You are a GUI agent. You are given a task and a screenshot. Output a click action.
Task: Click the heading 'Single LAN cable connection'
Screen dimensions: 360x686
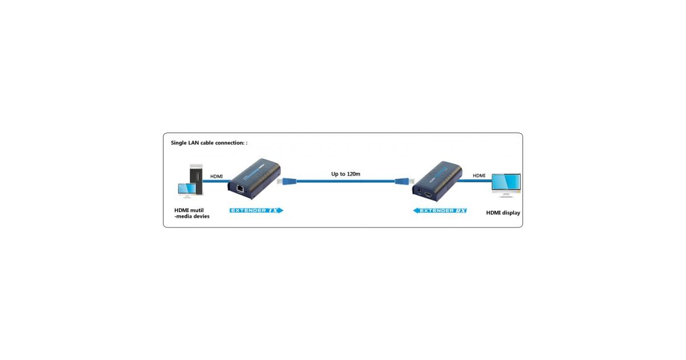pyautogui.click(x=209, y=143)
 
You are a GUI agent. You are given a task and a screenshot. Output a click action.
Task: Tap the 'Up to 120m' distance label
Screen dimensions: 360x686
pyautogui.click(x=346, y=173)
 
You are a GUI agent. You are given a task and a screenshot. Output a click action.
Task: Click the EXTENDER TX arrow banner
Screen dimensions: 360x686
pyautogui.click(x=257, y=210)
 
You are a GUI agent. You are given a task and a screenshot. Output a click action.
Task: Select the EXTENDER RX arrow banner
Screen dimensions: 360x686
pyautogui.click(x=440, y=210)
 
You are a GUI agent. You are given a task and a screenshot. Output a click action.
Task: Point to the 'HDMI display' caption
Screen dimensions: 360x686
pyautogui.click(x=503, y=213)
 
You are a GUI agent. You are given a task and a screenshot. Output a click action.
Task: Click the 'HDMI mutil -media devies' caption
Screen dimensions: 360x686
pyautogui.click(x=192, y=213)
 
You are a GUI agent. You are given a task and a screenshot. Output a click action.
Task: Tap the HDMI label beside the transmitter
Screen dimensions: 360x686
pyautogui.click(x=217, y=177)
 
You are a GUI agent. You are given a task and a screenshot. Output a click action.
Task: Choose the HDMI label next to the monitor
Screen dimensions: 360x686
pyautogui.click(x=479, y=175)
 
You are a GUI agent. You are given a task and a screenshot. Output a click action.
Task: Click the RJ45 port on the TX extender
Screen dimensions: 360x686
pyautogui.click(x=240, y=187)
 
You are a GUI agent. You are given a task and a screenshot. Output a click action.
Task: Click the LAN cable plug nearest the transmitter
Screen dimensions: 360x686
pyautogui.click(x=286, y=181)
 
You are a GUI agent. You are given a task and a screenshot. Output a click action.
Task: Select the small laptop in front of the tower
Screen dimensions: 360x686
pyautogui.click(x=186, y=190)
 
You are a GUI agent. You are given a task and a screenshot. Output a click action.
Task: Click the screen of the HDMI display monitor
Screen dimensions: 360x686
pyautogui.click(x=506, y=182)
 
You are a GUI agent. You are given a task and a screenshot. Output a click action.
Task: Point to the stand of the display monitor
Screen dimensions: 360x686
pyautogui.click(x=506, y=195)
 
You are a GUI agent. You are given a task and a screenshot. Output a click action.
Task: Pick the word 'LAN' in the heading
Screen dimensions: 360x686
pyautogui.click(x=196, y=143)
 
